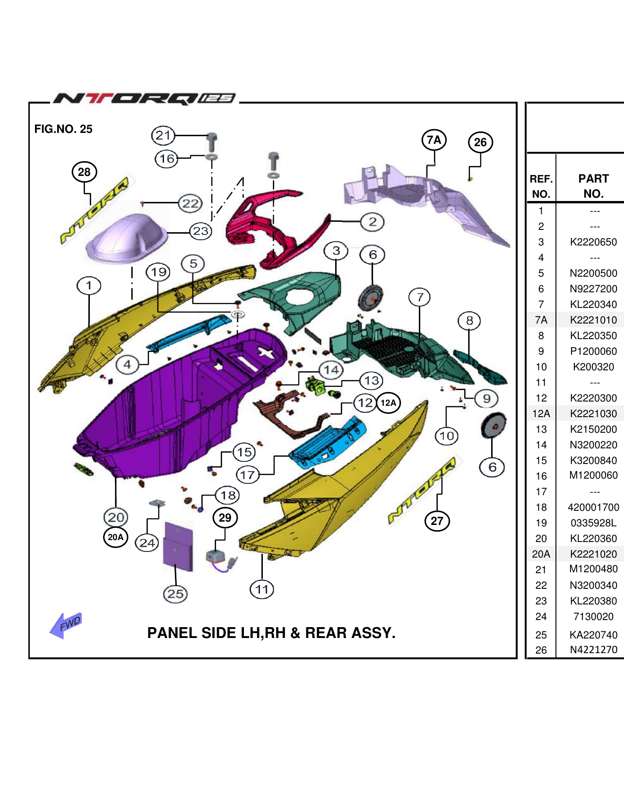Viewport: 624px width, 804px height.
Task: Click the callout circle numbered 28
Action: click(84, 172)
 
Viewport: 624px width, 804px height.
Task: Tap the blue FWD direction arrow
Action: click(66, 625)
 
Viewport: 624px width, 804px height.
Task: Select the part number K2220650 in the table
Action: click(593, 242)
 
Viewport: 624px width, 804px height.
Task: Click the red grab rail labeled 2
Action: click(269, 222)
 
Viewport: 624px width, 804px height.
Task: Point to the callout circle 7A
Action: click(434, 140)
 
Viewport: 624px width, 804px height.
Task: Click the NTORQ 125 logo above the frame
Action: click(144, 98)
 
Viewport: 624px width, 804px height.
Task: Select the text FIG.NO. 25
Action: click(63, 129)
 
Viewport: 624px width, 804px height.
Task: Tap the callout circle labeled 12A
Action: click(388, 403)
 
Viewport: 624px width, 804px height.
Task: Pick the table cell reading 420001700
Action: click(593, 507)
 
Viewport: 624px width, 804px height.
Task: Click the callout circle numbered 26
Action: click(480, 142)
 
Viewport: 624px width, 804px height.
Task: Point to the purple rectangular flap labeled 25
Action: click(178, 546)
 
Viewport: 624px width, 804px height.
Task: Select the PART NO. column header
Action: click(593, 186)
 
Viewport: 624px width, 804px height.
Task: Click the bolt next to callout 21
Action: click(212, 142)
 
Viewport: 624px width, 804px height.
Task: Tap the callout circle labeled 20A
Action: click(115, 537)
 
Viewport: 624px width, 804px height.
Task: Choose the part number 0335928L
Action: click(593, 523)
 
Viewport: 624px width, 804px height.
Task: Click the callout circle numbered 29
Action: click(225, 518)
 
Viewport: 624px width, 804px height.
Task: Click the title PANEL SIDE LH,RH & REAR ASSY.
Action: click(271, 633)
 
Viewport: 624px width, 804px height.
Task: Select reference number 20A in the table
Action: click(541, 554)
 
